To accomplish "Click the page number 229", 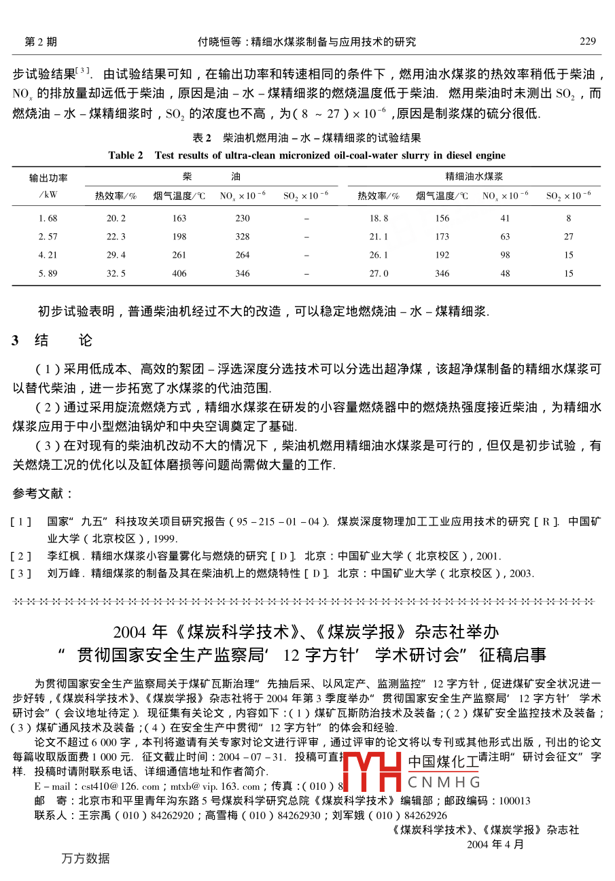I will tap(588, 42).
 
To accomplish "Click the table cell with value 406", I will tap(179, 273).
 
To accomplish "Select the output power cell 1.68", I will tap(48, 218).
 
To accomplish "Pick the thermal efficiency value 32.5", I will tap(116, 273).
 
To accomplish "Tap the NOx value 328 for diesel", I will tap(243, 237).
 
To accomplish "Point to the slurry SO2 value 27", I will tap(568, 237).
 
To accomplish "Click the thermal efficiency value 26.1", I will tap(379, 255).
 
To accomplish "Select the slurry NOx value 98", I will tap(505, 255).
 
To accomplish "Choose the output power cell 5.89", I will tap(48, 273).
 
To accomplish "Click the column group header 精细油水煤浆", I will tap(474, 176).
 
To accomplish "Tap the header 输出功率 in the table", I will tap(48, 178).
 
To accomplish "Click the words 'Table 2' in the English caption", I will tap(126, 155).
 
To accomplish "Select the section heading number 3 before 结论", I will tap(15, 341).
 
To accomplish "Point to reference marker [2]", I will tap(21, 556).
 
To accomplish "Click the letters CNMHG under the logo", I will tap(444, 781).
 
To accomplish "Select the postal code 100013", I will tap(514, 801).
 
